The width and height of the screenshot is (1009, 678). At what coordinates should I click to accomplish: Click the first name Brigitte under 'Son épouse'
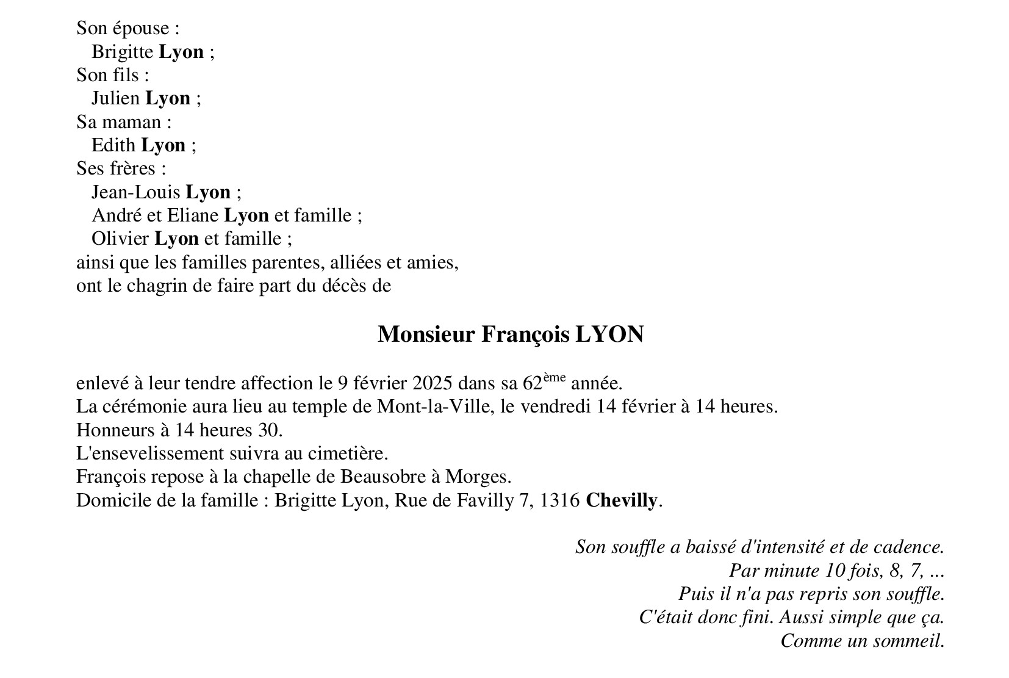(122, 52)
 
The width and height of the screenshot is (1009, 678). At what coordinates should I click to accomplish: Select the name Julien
(115, 98)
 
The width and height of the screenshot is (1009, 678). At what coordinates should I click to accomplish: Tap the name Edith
(113, 145)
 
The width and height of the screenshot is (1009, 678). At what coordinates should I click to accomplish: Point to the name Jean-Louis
(136, 192)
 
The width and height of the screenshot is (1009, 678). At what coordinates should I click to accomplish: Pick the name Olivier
(120, 239)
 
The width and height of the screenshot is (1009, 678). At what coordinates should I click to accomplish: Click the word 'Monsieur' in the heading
(426, 334)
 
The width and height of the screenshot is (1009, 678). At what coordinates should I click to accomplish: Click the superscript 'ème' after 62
(555, 378)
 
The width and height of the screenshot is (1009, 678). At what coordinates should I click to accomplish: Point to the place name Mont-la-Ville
(434, 406)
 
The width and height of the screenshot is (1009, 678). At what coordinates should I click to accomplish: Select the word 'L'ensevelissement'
(150, 453)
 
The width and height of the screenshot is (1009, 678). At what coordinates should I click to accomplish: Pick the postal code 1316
(560, 500)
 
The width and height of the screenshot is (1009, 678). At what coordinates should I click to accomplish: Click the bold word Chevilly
(622, 500)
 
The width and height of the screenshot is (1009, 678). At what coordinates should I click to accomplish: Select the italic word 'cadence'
(908, 547)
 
